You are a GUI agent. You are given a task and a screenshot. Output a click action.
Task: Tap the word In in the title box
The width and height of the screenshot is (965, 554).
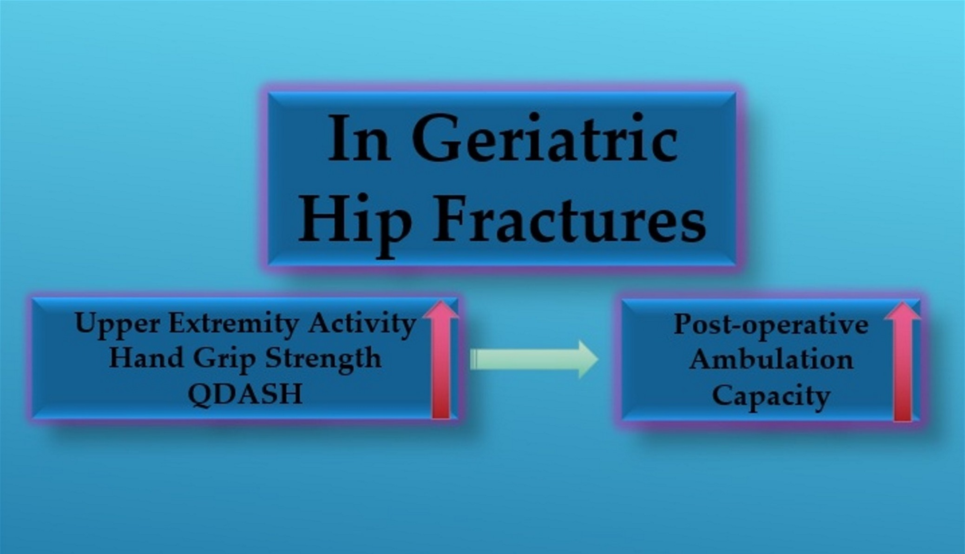358,138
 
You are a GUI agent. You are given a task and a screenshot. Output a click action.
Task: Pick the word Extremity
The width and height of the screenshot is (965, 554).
233,324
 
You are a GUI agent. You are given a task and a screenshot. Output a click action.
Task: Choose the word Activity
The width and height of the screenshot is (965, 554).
362,324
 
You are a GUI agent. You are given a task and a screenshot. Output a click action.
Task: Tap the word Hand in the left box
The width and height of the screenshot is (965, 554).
146,358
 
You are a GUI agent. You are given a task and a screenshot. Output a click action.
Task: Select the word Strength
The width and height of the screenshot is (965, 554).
323,360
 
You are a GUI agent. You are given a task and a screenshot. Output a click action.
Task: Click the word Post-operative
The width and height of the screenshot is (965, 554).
771,325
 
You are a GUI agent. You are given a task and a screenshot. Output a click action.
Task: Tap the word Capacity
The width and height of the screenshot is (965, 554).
771,397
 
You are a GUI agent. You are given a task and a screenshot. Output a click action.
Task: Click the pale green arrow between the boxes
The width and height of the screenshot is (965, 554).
534,359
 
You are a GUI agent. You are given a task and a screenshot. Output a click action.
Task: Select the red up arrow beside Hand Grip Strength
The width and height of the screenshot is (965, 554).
440,360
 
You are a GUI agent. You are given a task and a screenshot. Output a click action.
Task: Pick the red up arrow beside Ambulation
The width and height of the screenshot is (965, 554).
902,362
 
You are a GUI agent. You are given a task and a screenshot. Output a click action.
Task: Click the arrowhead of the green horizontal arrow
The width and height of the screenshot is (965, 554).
588,359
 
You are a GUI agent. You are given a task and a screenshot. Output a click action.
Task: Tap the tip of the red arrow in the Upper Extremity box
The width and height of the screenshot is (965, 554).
440,301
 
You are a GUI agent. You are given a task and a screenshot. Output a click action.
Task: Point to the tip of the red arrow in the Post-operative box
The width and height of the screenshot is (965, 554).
902,303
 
